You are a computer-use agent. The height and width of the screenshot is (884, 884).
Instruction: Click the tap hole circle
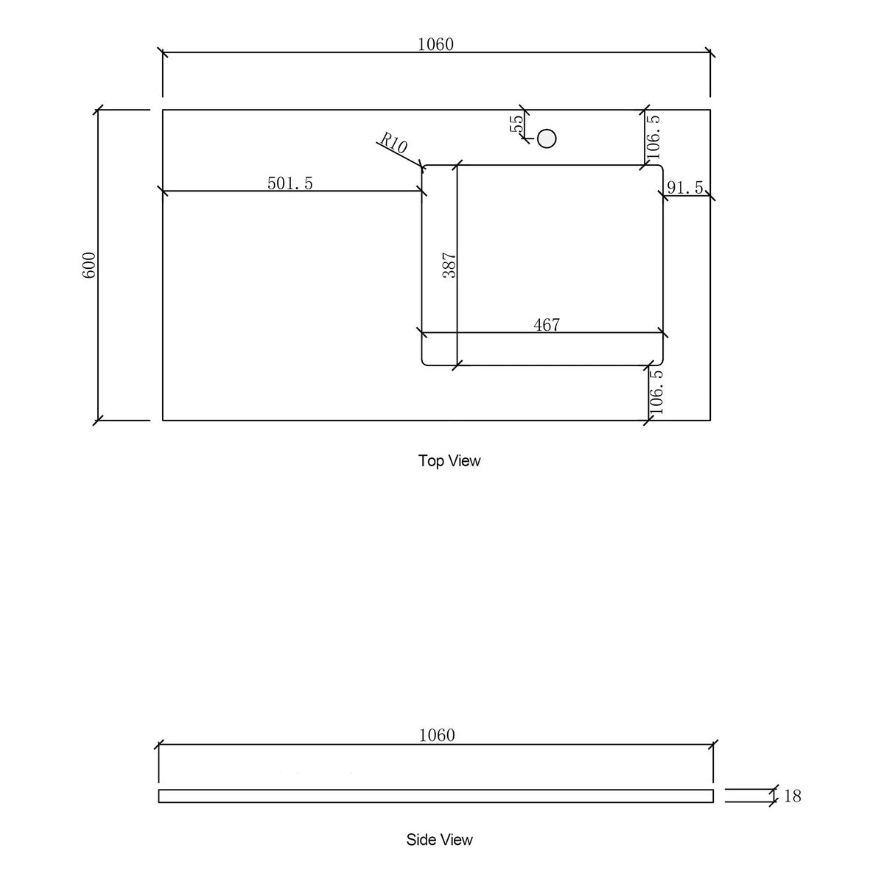pyautogui.click(x=547, y=138)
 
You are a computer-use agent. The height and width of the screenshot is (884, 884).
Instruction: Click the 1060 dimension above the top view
pyautogui.click(x=435, y=44)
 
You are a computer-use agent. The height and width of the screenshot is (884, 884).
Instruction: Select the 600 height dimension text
pyautogui.click(x=89, y=264)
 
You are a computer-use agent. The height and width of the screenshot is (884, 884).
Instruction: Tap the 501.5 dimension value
pyautogui.click(x=290, y=183)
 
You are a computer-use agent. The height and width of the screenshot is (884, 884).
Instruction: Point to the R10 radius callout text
pyautogui.click(x=393, y=143)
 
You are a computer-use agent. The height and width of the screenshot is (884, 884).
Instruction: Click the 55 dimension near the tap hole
pyautogui.click(x=516, y=123)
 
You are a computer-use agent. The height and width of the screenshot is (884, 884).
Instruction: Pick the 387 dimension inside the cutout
pyautogui.click(x=449, y=264)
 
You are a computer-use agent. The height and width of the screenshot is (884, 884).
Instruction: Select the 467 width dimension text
pyautogui.click(x=547, y=325)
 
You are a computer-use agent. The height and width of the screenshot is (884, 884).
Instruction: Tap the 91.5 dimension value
pyautogui.click(x=685, y=187)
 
